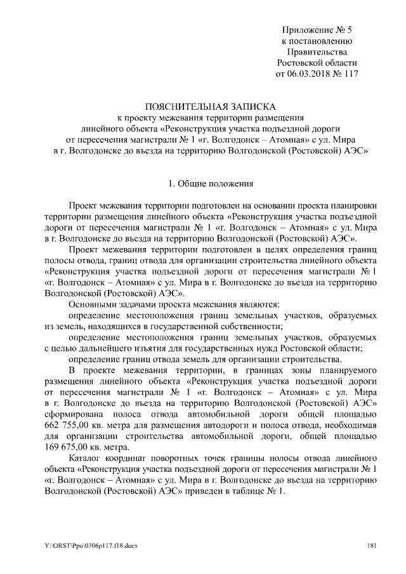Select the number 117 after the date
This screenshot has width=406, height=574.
pos(351,74)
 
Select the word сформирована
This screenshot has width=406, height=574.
pos(70,403)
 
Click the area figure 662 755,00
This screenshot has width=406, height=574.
pos(70,414)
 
